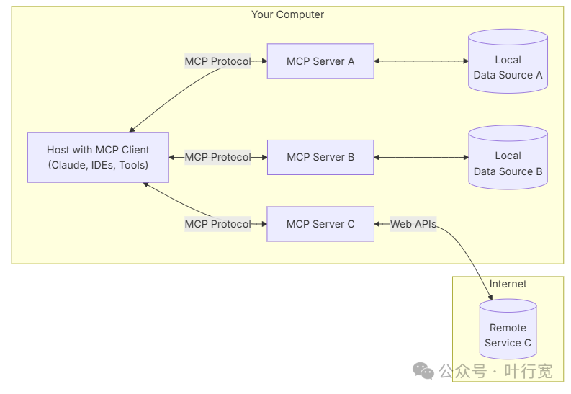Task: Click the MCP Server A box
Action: coord(320,61)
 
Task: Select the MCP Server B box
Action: coord(320,157)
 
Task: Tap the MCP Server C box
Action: coord(320,224)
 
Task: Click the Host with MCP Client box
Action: coord(99,157)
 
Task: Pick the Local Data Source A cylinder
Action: coord(508,61)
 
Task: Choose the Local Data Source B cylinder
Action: coord(508,157)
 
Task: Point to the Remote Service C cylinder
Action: coord(508,329)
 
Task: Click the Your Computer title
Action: coord(288,14)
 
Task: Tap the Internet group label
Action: coord(508,284)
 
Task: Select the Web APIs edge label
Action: coord(413,224)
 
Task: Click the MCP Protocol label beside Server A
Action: coord(217,61)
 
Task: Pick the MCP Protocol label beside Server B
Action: coord(217,157)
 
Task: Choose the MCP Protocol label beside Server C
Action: coord(217,224)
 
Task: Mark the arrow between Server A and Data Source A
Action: coord(421,61)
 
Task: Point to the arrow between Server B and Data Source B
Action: coord(421,157)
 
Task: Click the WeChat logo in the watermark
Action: coord(423,371)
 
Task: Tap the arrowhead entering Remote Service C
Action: coord(490,297)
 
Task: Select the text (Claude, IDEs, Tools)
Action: coord(99,165)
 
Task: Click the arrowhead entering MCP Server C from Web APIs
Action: coord(377,224)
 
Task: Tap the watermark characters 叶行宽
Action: coord(529,371)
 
